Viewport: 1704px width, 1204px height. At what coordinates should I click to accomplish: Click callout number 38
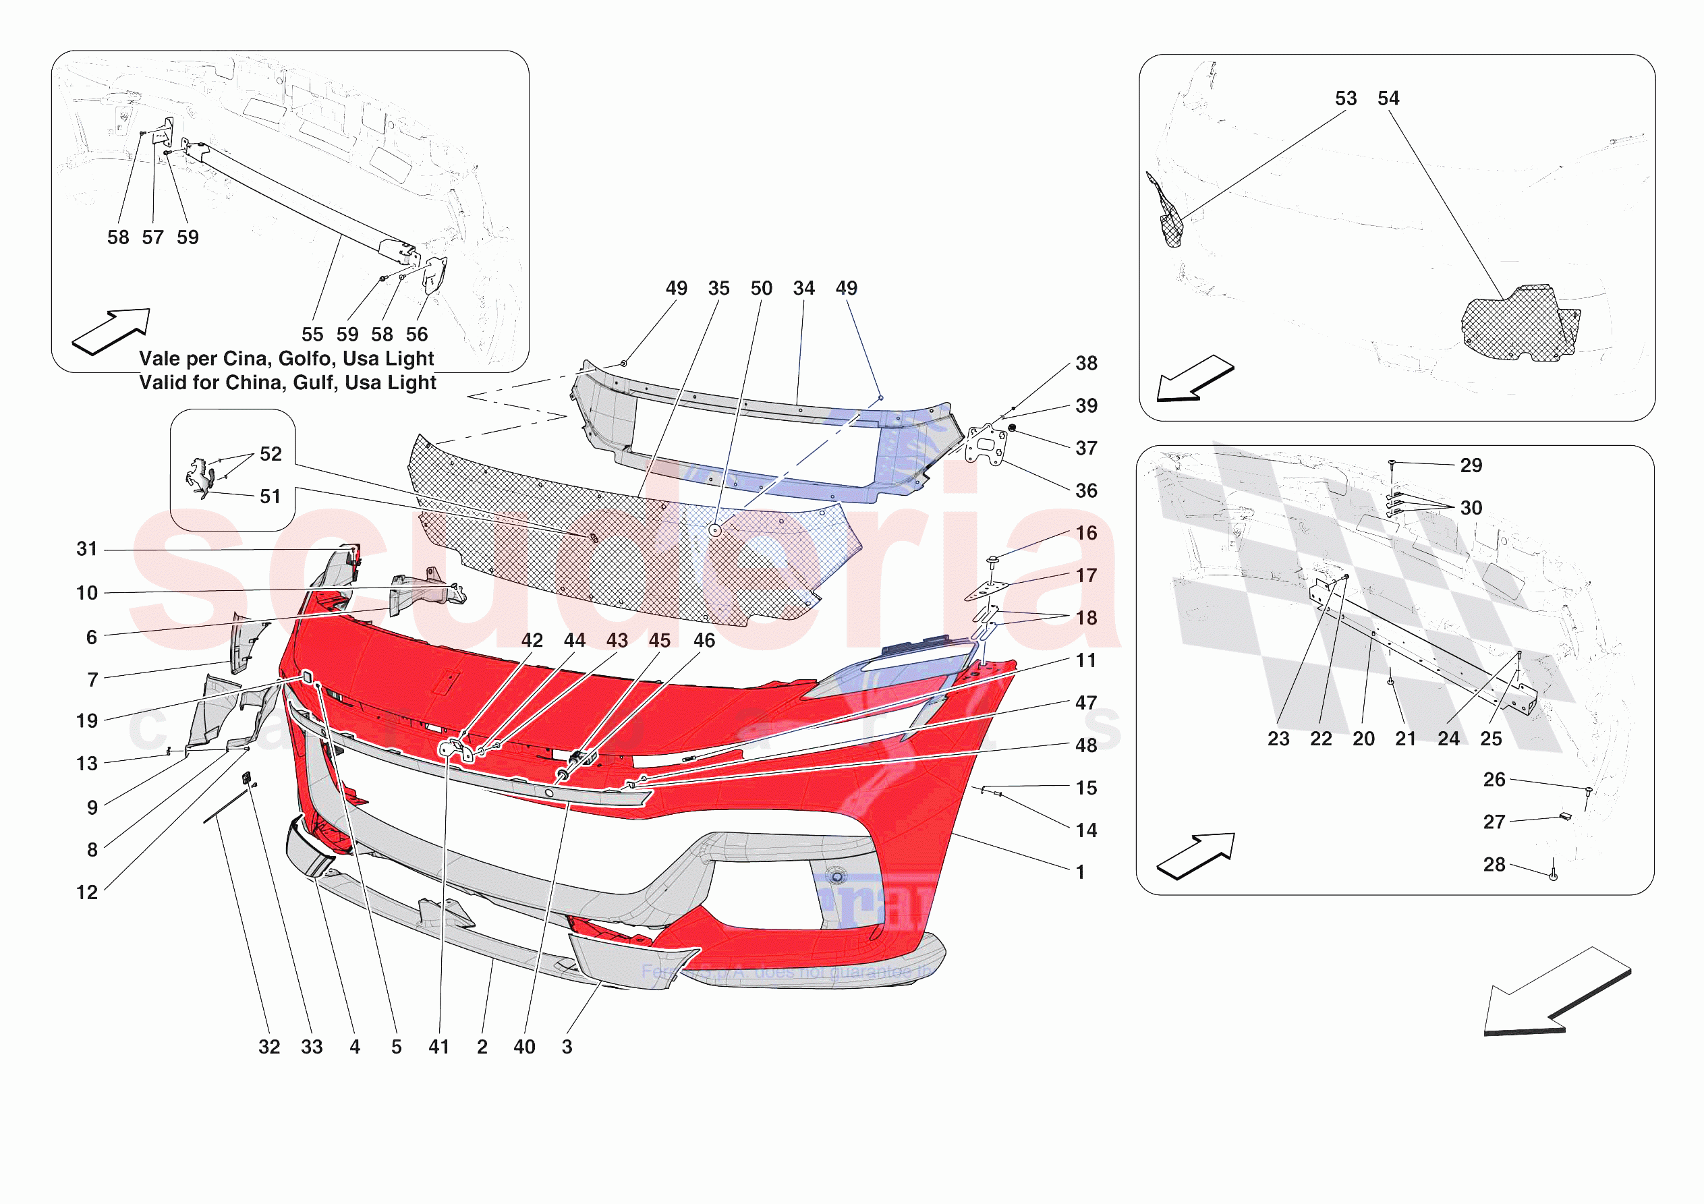1086,363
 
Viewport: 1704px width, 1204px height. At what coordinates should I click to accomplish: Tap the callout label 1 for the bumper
1081,872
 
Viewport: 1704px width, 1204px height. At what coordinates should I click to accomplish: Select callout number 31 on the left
87,548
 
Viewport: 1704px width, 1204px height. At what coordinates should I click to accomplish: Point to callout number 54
1388,98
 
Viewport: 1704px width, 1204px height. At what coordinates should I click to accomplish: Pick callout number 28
1494,864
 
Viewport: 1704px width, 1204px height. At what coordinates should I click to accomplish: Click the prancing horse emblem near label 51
200,478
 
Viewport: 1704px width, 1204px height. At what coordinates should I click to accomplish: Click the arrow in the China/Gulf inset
111,331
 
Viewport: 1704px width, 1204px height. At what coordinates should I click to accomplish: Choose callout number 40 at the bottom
524,1047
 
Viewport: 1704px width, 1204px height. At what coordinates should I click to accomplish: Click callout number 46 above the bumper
704,640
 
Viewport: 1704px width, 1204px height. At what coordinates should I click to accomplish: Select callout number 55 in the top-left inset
312,334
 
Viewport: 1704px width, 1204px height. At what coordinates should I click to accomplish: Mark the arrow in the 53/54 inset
1194,379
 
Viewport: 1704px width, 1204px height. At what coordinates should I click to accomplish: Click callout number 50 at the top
761,288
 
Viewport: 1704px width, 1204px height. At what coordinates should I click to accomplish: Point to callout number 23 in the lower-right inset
1278,739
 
